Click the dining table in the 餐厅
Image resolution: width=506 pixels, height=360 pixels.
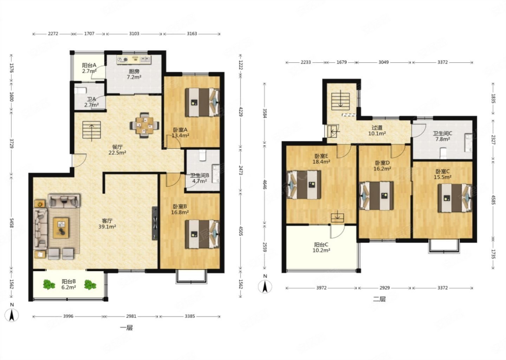coord(144,125)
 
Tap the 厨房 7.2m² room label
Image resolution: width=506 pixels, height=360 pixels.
coord(134,74)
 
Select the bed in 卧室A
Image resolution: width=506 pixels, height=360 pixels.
coord(202,102)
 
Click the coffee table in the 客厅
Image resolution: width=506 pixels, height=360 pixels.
coord(61,228)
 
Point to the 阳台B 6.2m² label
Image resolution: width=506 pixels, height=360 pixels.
coord(69,284)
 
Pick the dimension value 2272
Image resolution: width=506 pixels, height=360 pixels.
coord(53,34)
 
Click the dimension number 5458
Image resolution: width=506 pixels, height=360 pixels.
coord(11,223)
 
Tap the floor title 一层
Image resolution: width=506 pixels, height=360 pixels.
coord(126,327)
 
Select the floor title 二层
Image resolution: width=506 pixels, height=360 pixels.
coord(379,299)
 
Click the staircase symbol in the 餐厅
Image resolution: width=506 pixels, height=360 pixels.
coord(91,130)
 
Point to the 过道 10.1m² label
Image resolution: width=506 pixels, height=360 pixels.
coord(377,131)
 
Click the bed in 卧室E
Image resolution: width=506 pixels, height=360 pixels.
coord(304,185)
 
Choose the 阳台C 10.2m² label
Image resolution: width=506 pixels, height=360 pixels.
coord(321,247)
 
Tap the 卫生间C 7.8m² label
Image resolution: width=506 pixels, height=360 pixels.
coord(442,136)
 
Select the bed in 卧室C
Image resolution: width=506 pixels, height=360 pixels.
coord(455,198)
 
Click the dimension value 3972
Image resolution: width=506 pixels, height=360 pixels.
coord(321,288)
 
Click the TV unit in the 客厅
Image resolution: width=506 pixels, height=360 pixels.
coord(155,223)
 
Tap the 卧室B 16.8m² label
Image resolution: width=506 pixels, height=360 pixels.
coord(180,209)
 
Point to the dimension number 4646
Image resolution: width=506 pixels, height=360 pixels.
coord(264,185)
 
